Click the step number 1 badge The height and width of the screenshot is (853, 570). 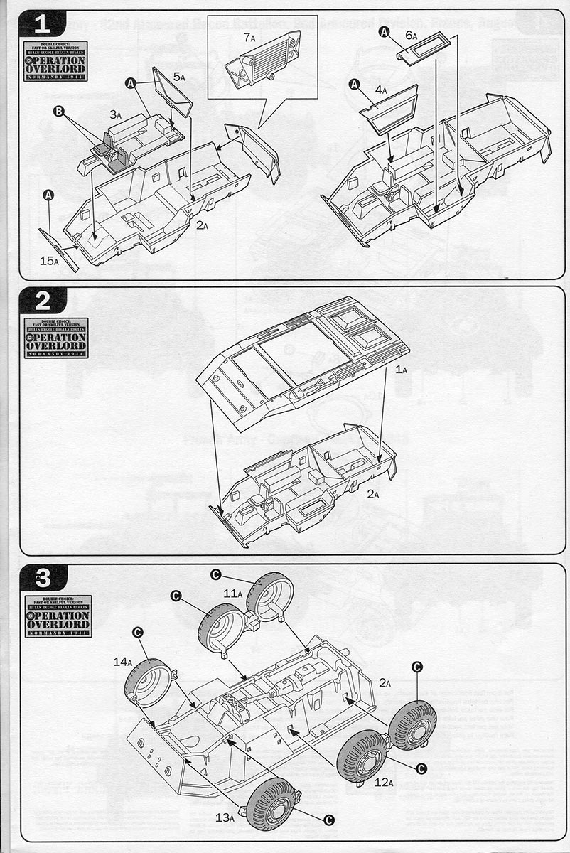click(x=42, y=25)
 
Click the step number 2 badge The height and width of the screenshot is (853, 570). click(x=42, y=301)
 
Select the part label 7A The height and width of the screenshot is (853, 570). click(x=249, y=37)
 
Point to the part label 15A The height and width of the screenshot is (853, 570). click(x=49, y=262)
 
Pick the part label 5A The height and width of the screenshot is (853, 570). click(x=178, y=77)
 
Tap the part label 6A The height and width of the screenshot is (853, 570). click(x=411, y=35)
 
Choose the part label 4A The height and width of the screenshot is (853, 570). click(x=381, y=90)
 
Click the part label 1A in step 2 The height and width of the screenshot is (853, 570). click(x=402, y=370)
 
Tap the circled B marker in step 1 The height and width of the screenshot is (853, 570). click(x=59, y=111)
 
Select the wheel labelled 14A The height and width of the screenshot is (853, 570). click(x=148, y=682)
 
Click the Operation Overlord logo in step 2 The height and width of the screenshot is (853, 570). click(x=56, y=338)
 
